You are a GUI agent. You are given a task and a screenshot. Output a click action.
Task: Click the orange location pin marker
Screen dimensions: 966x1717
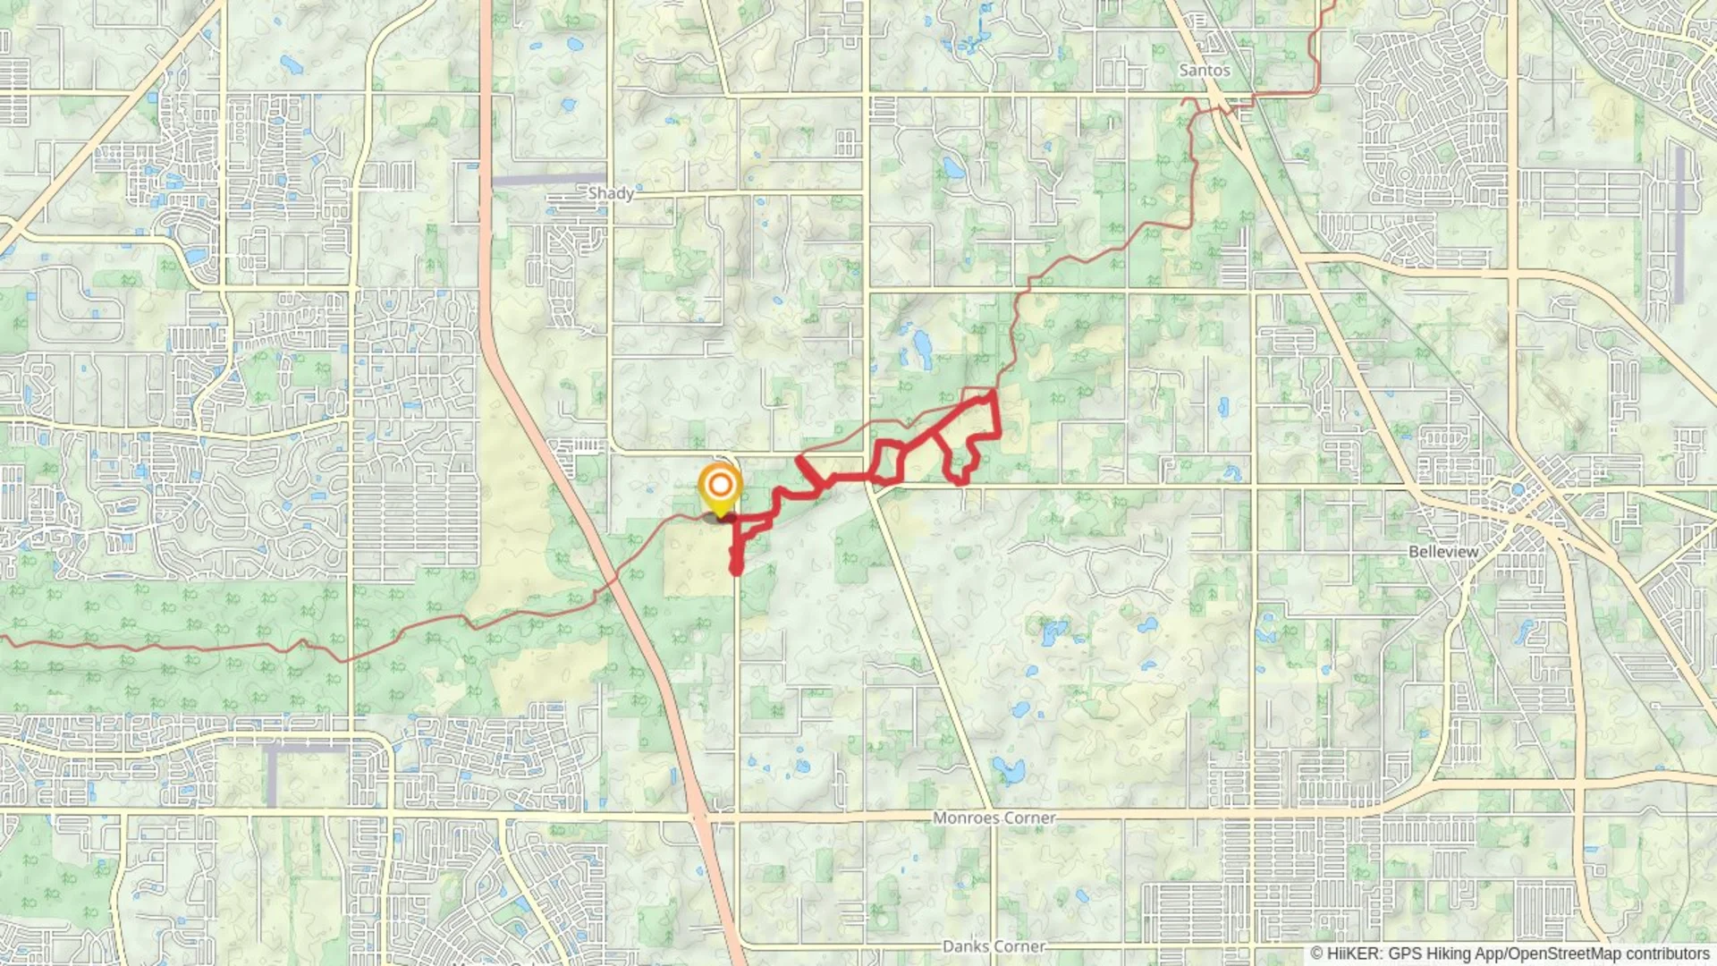point(720,488)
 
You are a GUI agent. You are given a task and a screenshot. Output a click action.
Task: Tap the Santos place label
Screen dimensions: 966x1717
point(1204,70)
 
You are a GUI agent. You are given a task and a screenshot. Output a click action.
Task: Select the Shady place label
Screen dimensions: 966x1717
point(611,192)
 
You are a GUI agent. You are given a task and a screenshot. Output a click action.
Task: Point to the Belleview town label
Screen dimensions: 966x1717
point(1443,552)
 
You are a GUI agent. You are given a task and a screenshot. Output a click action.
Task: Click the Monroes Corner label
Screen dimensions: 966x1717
point(994,818)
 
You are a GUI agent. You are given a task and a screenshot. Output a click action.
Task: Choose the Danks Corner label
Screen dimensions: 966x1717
point(994,946)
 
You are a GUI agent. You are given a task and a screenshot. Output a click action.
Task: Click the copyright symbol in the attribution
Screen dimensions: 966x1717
point(1316,953)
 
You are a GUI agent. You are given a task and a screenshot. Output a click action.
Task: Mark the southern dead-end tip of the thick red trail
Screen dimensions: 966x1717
point(736,569)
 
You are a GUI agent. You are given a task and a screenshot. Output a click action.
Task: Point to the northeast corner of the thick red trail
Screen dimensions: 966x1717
point(994,393)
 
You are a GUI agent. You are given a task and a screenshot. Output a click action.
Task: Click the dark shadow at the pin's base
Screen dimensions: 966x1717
point(720,518)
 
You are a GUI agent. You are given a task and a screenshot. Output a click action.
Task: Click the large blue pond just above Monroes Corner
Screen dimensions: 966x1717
point(1009,769)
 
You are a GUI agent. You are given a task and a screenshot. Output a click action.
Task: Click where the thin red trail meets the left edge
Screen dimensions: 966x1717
point(3,639)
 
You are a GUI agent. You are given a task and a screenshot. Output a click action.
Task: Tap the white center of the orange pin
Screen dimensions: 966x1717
point(720,487)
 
